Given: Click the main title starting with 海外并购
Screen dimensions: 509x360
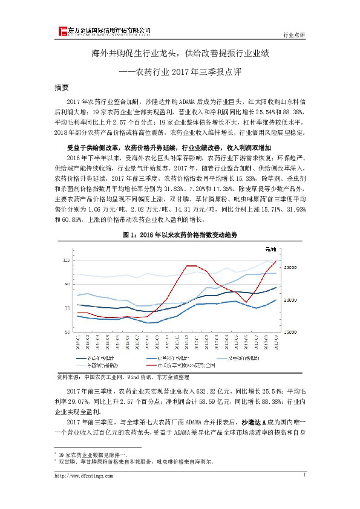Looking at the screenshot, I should [x=179, y=53].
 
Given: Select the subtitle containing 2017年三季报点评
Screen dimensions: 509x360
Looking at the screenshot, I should [x=179, y=71].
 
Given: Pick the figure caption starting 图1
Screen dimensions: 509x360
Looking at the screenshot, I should [x=180, y=233].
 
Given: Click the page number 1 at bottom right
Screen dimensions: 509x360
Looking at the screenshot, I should [x=303, y=476].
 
